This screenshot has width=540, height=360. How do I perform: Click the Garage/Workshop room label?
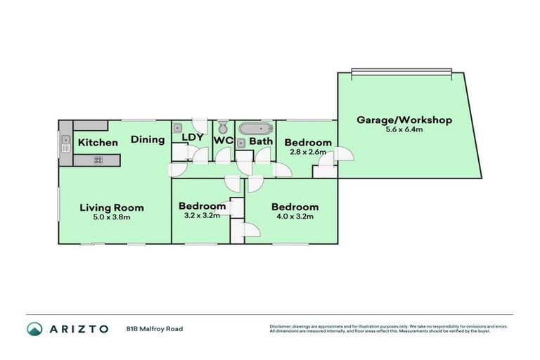point(404,120)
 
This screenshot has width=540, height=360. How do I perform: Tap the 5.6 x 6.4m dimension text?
point(404,130)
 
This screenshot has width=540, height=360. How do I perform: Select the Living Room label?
point(111,207)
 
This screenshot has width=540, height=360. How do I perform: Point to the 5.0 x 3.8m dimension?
point(111,217)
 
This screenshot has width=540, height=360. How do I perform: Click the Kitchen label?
point(98,143)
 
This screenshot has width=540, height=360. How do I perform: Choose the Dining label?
point(148,139)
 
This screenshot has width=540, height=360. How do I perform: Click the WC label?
point(224,141)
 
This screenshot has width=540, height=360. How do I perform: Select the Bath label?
point(261,141)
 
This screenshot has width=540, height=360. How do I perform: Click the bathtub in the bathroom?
point(255,129)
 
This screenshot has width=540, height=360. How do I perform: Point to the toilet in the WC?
point(223,127)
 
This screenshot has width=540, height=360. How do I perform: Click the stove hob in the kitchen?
point(98,160)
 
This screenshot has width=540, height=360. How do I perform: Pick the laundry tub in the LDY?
point(179,128)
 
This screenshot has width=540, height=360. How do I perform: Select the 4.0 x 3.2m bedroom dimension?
point(295,217)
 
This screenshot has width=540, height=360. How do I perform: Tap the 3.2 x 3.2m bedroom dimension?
point(202,215)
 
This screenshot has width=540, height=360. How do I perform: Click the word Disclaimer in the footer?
point(281,326)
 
